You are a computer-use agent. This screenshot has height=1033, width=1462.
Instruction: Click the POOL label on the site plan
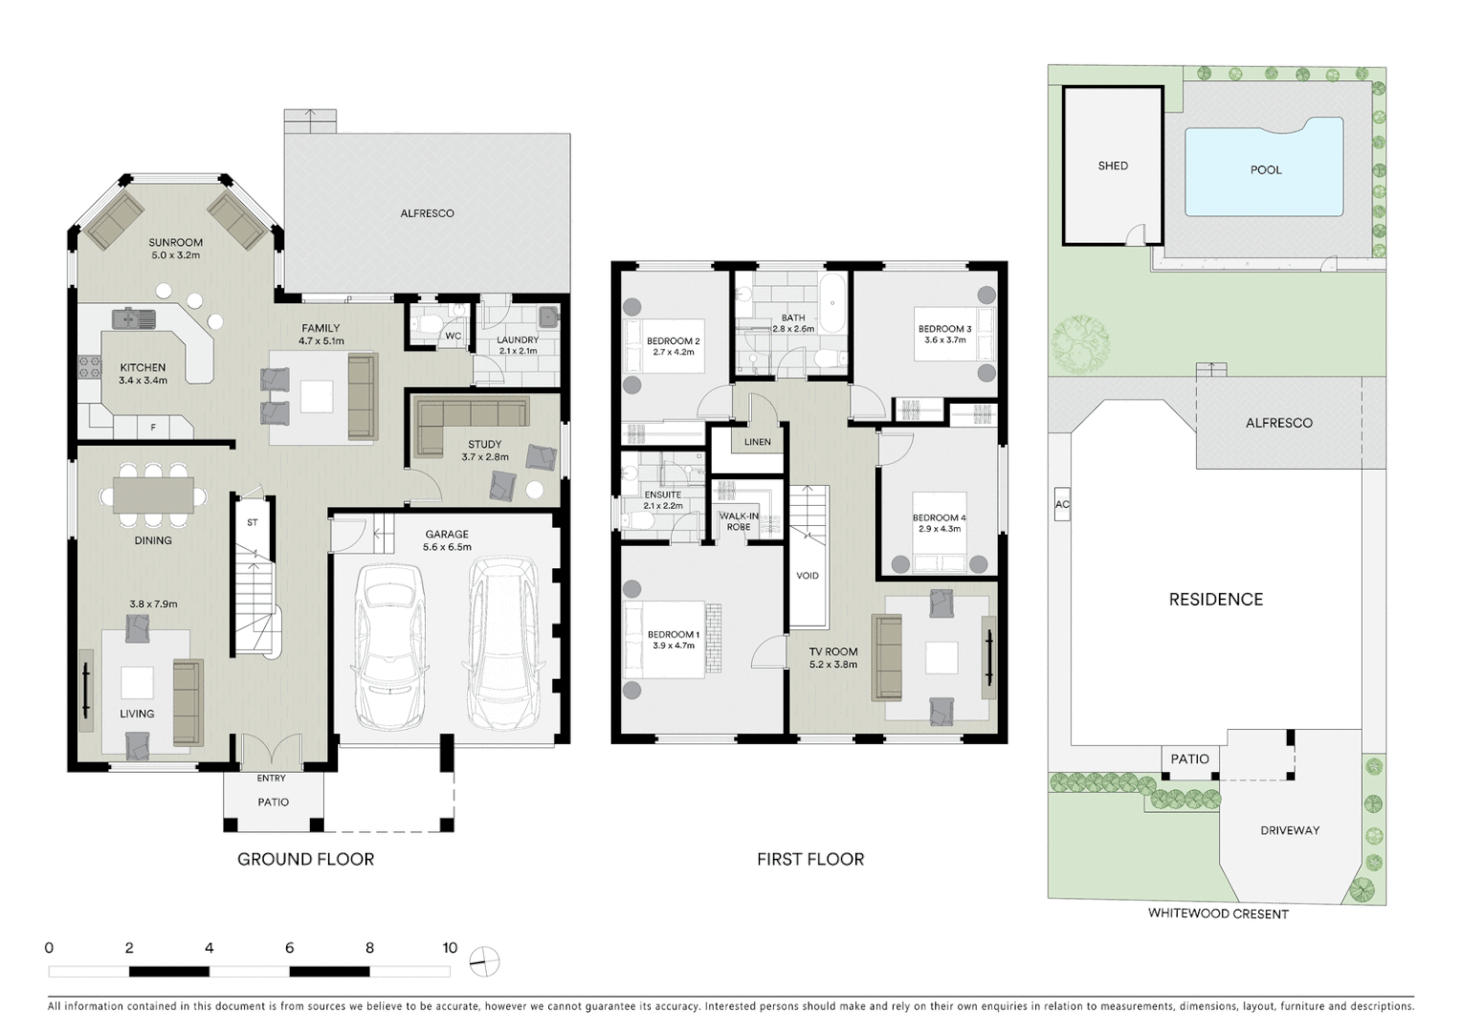pyautogui.click(x=1265, y=170)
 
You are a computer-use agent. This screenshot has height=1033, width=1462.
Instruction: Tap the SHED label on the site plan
pyautogui.click(x=1112, y=165)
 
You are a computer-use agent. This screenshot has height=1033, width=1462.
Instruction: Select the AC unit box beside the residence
pyautogui.click(x=1061, y=504)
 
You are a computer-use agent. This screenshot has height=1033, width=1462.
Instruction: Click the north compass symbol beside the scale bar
pyautogui.click(x=485, y=960)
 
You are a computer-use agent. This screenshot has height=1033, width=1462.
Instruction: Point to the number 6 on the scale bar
pyautogui.click(x=289, y=948)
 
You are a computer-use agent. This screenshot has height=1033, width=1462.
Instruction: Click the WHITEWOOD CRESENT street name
pyautogui.click(x=1217, y=913)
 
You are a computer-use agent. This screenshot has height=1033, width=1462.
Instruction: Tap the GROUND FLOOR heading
pyautogui.click(x=305, y=859)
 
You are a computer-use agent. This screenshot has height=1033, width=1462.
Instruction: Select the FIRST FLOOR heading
pyautogui.click(x=809, y=859)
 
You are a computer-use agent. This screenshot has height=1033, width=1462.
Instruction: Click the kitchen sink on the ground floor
pyautogui.click(x=133, y=318)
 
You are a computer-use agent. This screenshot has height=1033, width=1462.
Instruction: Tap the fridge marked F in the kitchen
pyautogui.click(x=153, y=428)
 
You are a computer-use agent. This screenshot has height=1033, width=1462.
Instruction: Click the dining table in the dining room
pyautogui.click(x=153, y=495)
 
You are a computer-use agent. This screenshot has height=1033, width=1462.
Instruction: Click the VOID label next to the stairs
pyautogui.click(x=807, y=576)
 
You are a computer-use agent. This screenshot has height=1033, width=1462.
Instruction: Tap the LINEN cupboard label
pyautogui.click(x=757, y=442)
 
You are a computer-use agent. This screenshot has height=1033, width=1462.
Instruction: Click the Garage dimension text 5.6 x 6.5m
pyautogui.click(x=447, y=547)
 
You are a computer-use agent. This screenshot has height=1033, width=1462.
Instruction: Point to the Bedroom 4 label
pyautogui.click(x=938, y=517)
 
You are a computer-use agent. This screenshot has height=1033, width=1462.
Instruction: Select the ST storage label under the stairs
pyautogui.click(x=253, y=523)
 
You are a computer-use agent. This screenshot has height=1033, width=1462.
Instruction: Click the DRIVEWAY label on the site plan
pyautogui.click(x=1289, y=830)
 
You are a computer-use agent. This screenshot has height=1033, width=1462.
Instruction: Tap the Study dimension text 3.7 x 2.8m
pyautogui.click(x=485, y=457)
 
